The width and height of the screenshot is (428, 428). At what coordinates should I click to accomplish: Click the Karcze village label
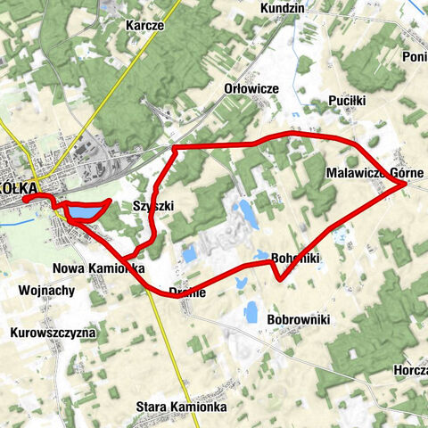pos(144,26)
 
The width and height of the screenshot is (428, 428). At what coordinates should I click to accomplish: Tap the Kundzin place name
pos(283,8)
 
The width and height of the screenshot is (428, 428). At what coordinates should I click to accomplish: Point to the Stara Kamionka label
pos(181,407)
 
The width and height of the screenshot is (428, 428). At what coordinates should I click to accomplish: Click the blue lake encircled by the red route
pos(85,213)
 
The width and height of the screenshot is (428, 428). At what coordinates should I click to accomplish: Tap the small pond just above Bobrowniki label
pos(251,311)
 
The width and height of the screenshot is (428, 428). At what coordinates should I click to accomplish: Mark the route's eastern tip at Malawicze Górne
pos(407,184)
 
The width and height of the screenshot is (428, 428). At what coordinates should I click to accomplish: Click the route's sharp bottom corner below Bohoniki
pos(282,278)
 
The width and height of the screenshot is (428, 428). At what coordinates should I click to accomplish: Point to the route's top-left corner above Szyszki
pos(175,146)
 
